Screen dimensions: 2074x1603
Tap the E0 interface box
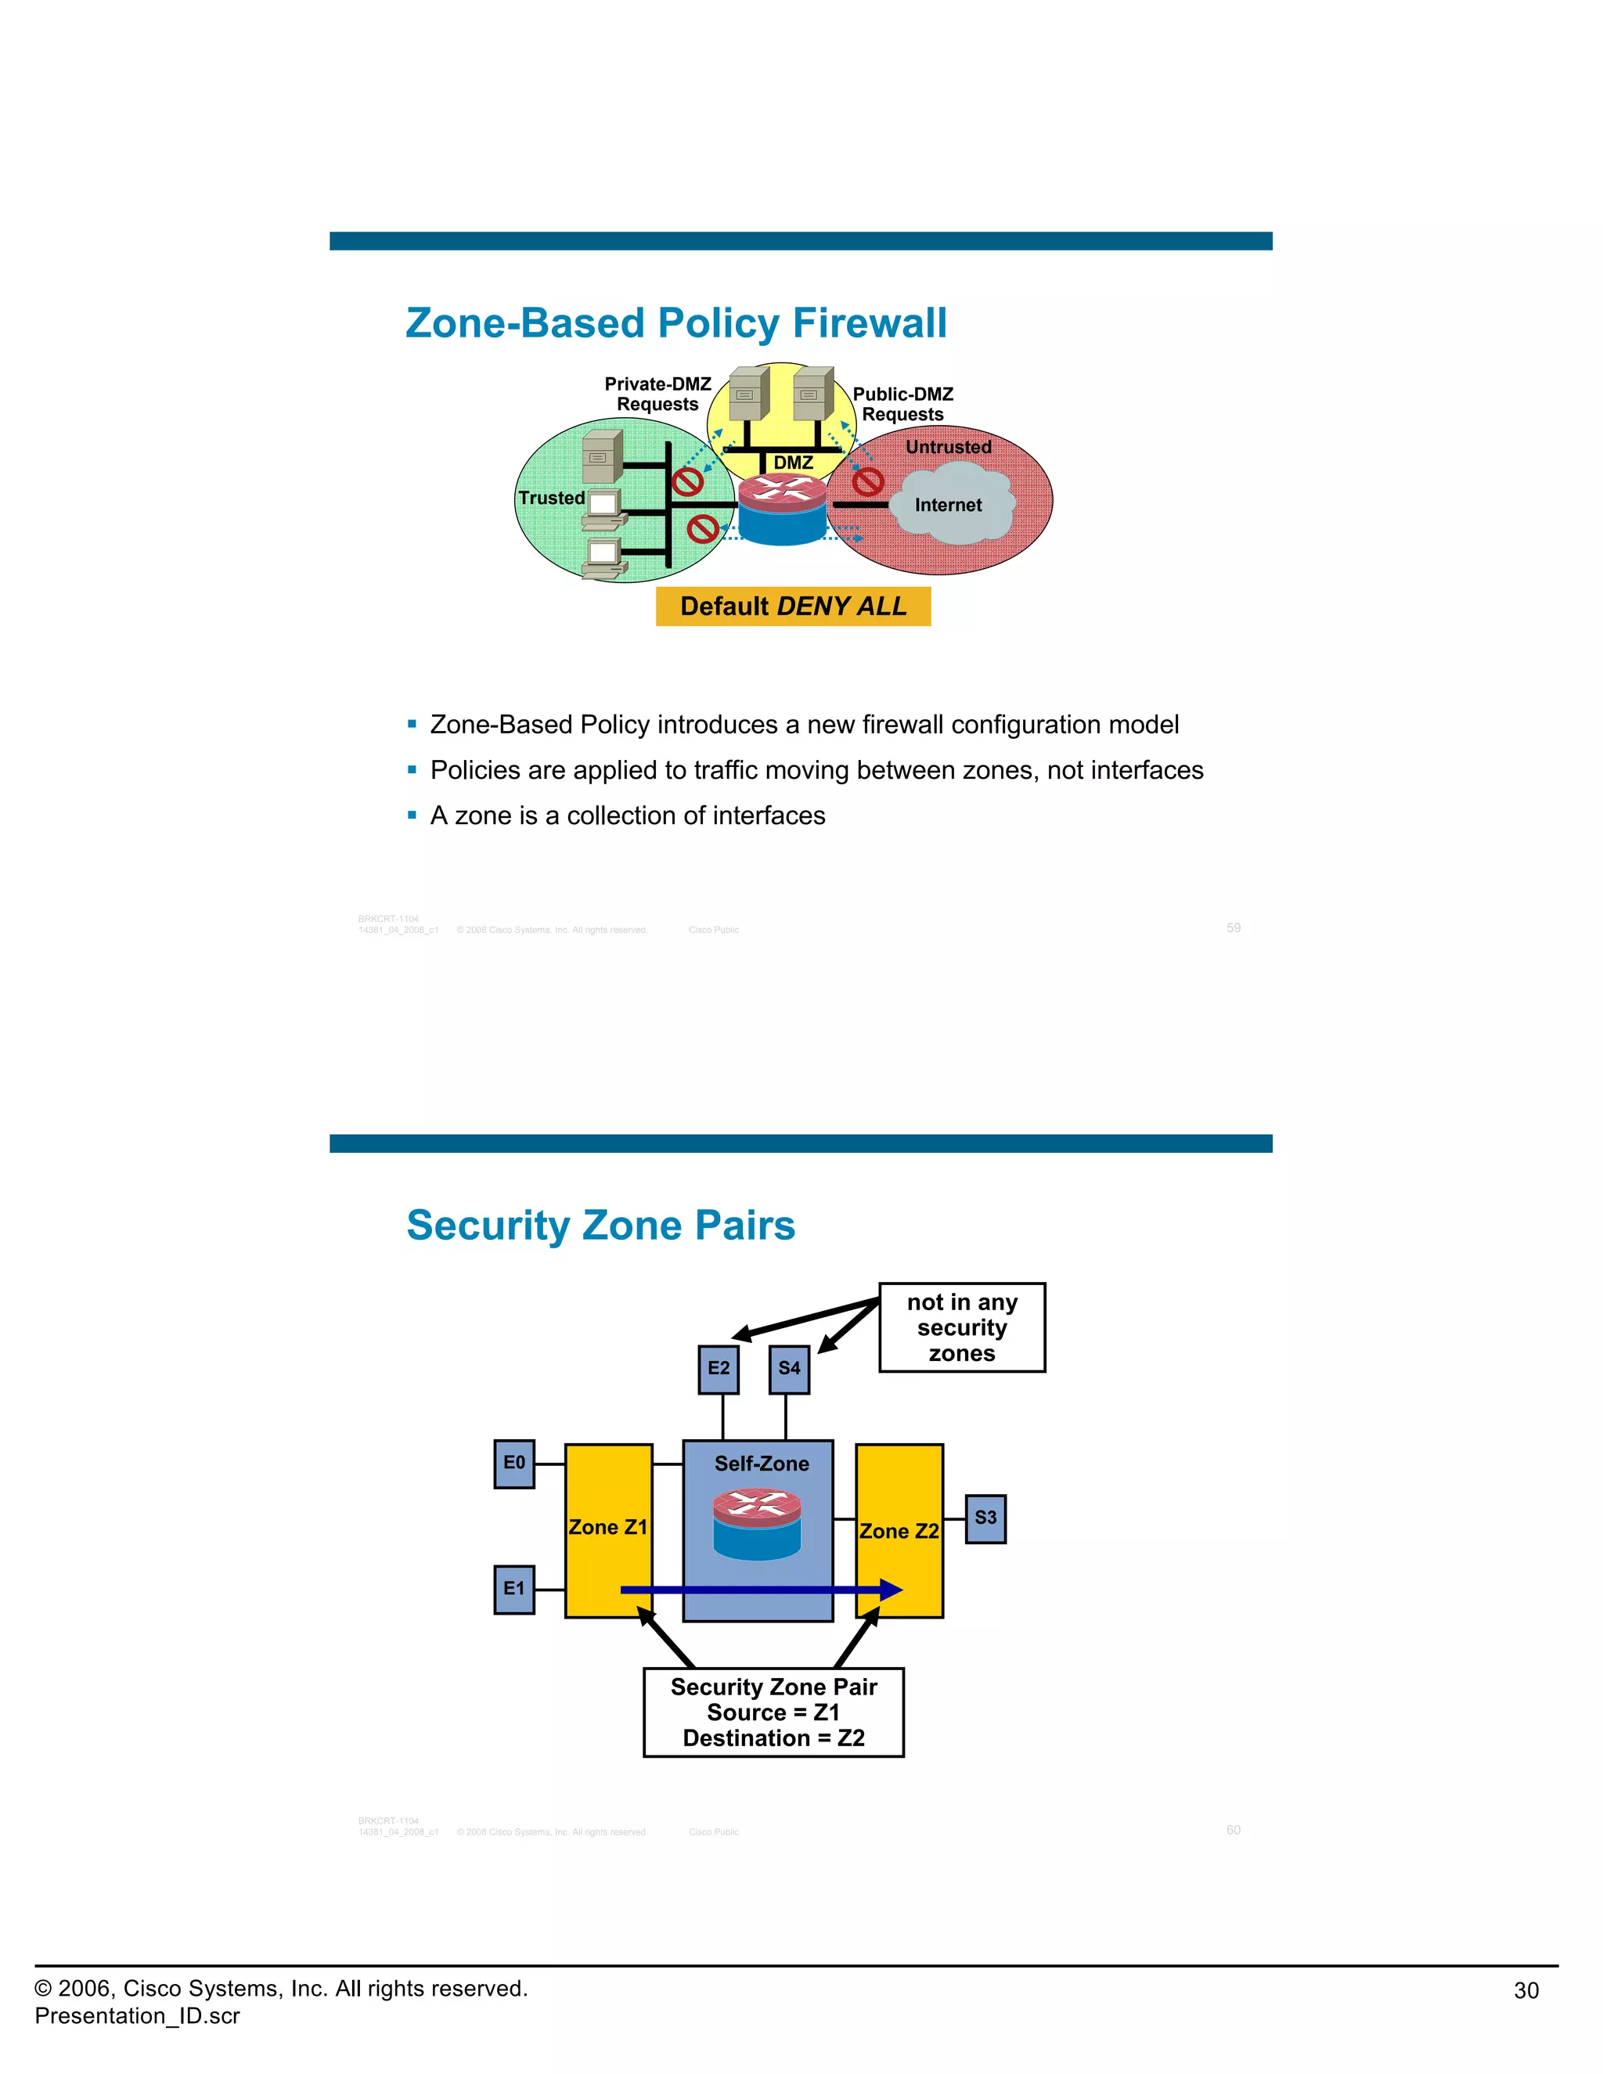[x=513, y=1464]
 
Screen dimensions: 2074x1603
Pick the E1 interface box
[x=513, y=1589]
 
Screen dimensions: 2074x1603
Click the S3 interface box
[x=985, y=1518]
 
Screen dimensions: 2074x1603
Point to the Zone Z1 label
[x=607, y=1527]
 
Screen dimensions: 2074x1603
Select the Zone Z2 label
[x=899, y=1531]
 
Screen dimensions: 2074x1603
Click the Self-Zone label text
[x=762, y=1464]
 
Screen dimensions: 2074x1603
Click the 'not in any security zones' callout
[x=961, y=1327]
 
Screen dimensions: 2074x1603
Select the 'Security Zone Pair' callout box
[x=773, y=1712]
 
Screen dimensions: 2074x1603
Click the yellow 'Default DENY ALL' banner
[x=793, y=606]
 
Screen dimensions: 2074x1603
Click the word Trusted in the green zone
[x=551, y=498]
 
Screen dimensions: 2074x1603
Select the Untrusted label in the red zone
[x=948, y=446]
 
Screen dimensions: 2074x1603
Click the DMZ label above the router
[x=793, y=463]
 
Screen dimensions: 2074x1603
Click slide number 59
[x=1233, y=927]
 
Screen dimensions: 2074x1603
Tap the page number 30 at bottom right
[x=1526, y=1990]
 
